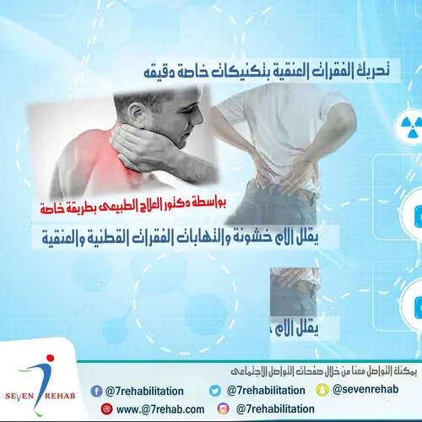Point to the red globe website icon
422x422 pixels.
click(106, 408)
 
